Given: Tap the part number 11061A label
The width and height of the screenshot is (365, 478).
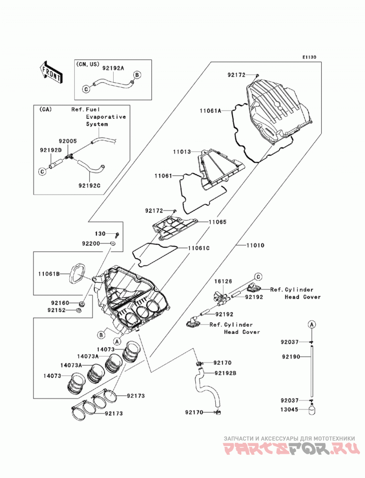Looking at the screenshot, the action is coord(210,111).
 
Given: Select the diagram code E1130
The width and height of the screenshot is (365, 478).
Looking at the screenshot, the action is coord(309,57).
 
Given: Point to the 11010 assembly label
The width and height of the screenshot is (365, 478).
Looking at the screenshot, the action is coord(255,245).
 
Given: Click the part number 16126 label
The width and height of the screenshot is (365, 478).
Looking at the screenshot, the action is coord(223,281).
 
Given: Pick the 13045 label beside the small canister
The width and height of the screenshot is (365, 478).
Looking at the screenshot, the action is coord(289,410).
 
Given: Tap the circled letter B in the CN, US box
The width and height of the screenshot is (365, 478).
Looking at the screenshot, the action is coord(137,75).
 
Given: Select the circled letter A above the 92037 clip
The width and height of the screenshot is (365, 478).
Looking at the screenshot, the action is coord(312,324).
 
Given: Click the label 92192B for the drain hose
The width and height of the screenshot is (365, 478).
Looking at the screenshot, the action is coord(225,373).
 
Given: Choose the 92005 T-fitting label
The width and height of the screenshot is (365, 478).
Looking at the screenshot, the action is coord(68,141).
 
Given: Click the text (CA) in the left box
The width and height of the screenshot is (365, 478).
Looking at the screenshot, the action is coord(45,110).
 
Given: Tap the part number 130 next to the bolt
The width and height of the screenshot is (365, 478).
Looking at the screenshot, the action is coord(100,233).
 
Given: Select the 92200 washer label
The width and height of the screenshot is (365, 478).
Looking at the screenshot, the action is coord(91,244).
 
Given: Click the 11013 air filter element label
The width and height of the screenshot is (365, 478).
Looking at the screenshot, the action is coord(182,152).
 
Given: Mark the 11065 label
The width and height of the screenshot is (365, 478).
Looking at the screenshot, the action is coord(218,222).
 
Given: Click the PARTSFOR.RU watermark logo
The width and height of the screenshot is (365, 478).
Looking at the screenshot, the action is coord(289,449).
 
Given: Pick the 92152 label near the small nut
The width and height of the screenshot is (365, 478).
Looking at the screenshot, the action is coord(57,310).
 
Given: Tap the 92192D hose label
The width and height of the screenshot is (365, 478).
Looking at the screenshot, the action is coord(51,150).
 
